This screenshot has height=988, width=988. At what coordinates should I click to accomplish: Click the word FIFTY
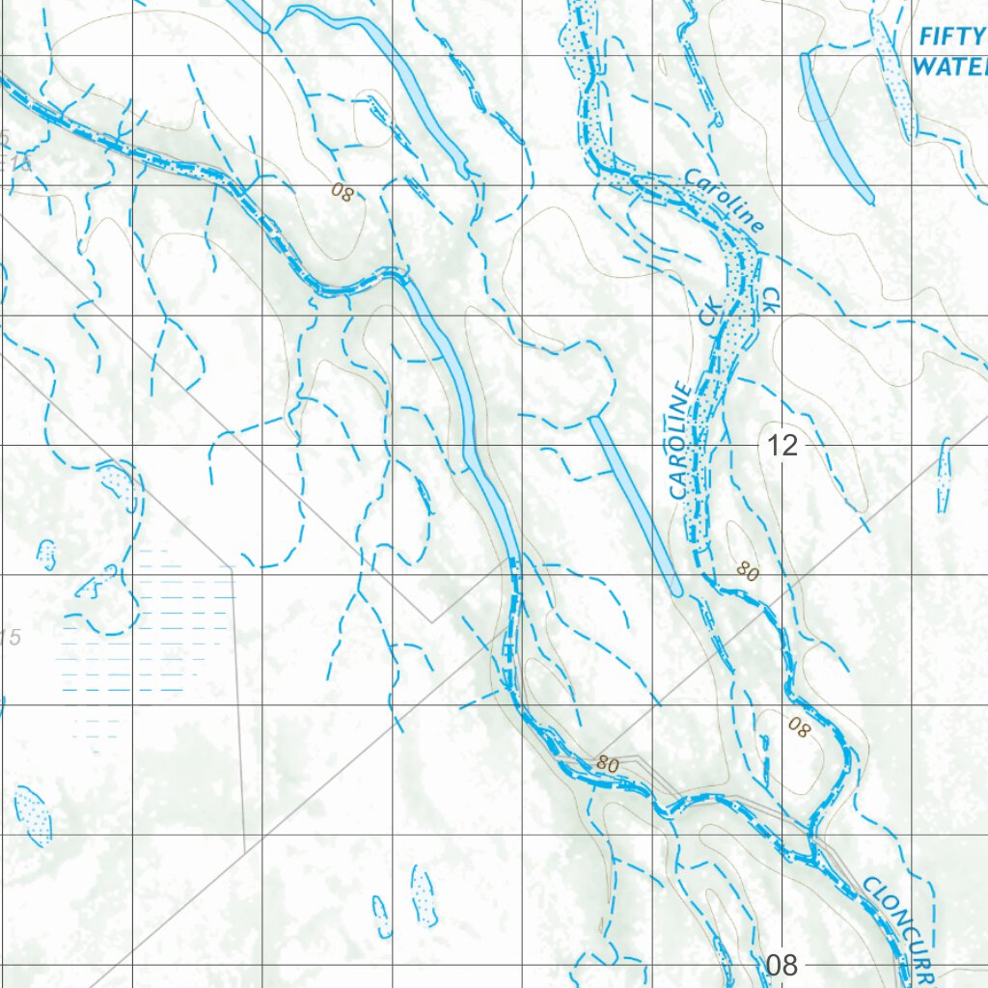[x=952, y=38]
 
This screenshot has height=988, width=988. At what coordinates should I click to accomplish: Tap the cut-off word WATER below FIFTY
[x=949, y=66]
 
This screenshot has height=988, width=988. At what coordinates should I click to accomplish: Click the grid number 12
[x=782, y=446]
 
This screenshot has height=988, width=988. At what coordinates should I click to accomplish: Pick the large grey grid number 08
[x=782, y=965]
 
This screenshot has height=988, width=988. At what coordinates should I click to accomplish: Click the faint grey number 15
[x=10, y=637]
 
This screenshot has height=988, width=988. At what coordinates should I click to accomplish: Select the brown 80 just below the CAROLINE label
[x=748, y=571]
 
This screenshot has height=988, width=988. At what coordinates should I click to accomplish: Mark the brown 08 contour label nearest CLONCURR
[x=799, y=727]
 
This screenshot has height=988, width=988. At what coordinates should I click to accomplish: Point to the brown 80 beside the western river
[x=608, y=764]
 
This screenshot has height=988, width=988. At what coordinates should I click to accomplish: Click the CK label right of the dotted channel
[x=770, y=298]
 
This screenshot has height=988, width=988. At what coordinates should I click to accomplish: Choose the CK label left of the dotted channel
[x=710, y=313]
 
